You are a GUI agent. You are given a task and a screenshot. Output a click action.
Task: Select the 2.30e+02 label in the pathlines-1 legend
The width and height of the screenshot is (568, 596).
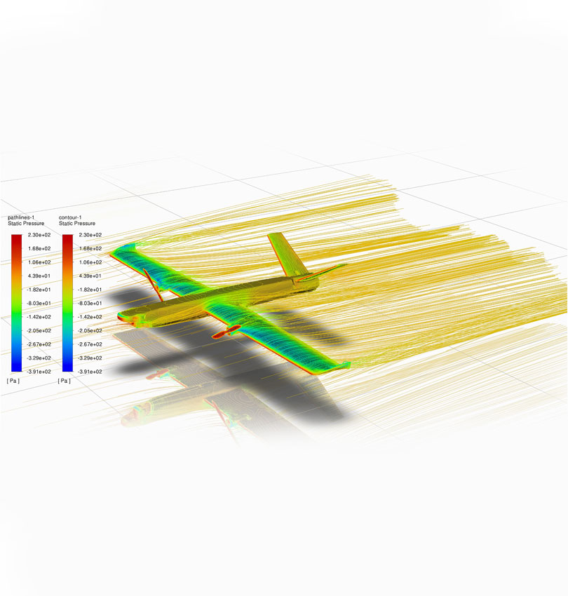pos(39,235)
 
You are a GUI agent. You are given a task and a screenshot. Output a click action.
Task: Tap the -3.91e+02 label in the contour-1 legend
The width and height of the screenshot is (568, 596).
pos(90,372)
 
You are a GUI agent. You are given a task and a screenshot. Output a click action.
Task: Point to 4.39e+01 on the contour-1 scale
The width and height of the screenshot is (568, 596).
pos(90,276)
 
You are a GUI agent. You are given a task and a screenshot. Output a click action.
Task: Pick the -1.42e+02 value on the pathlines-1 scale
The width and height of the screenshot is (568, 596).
pos(39,317)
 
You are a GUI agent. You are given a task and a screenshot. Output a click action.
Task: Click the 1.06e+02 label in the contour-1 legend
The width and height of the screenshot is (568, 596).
pos(90,262)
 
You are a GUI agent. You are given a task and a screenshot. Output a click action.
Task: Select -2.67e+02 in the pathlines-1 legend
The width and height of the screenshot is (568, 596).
pos(39,344)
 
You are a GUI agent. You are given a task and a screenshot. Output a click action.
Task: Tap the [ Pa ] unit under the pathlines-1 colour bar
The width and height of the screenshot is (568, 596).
pos(13,381)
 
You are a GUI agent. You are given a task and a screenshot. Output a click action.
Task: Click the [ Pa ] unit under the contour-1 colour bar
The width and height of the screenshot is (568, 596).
pos(64,381)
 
